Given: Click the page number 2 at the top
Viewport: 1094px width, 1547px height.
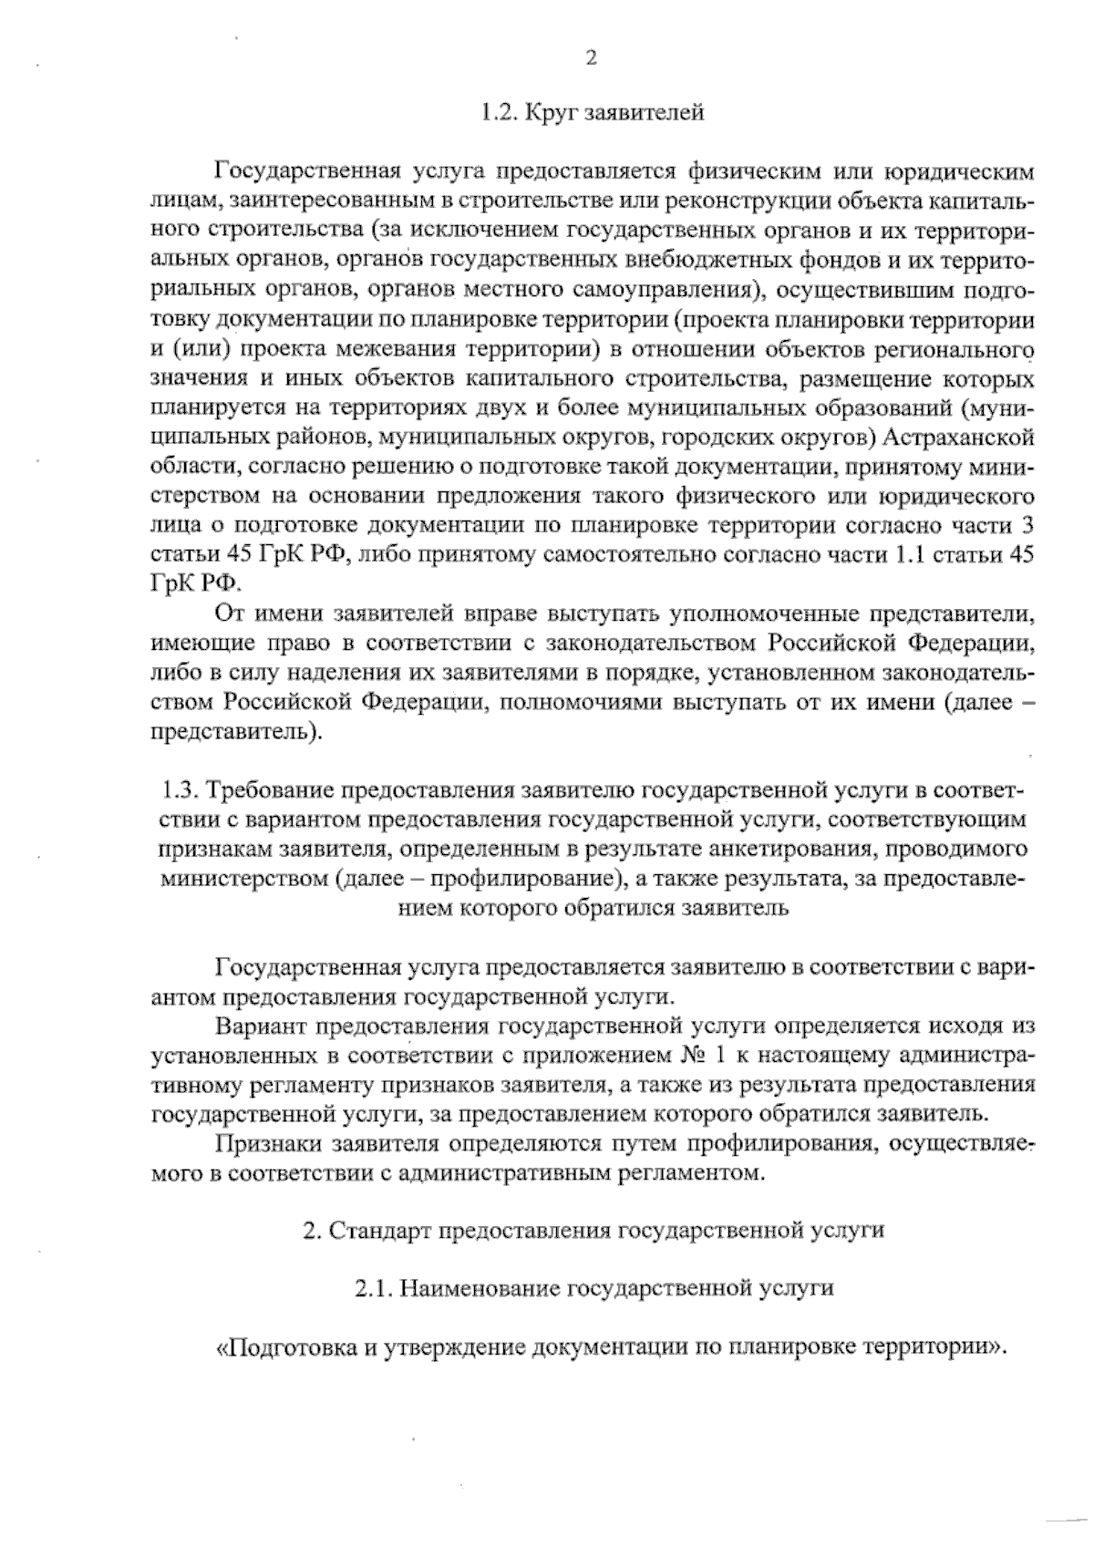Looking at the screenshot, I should point(590,58).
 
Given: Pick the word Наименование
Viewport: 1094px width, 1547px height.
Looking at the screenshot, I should point(480,1289).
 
